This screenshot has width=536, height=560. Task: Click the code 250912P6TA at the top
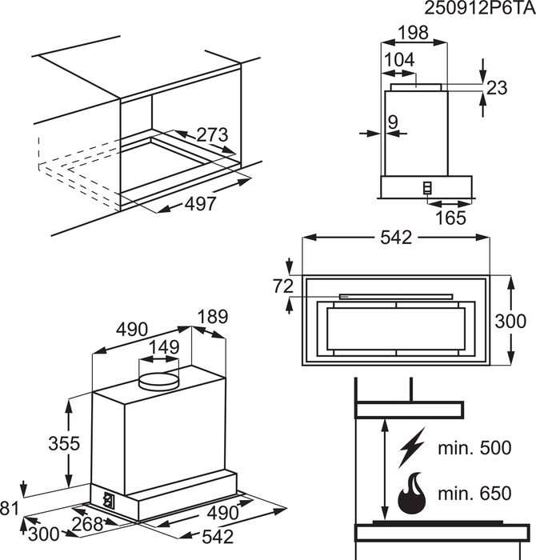pos(479,8)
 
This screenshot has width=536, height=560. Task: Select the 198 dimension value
pos(413,33)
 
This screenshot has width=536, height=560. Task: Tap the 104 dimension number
pos(399,60)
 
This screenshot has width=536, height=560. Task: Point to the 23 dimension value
pos(496,88)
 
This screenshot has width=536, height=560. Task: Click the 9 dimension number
pos(393,122)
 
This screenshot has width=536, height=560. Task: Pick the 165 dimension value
pos(450,218)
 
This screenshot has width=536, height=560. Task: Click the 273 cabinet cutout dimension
pos(212,135)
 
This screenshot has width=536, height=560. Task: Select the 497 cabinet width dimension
pos(200,204)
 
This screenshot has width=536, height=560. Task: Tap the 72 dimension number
pos(283,286)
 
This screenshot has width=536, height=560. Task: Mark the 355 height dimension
pos(64,443)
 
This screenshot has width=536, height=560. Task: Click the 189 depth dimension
pos(213,317)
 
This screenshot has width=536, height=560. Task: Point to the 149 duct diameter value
pos(164,347)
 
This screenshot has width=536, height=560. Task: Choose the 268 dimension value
pos(88,524)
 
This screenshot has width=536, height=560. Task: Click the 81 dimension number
pos(10,508)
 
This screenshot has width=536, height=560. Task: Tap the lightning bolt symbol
pos(413,447)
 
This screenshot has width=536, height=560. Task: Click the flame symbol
pos(412,494)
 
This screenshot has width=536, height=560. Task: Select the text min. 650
pos(474,494)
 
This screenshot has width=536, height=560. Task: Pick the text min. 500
pos(474,448)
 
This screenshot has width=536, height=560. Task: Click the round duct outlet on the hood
pos(158,382)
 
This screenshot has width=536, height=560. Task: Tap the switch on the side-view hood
pos(427,188)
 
